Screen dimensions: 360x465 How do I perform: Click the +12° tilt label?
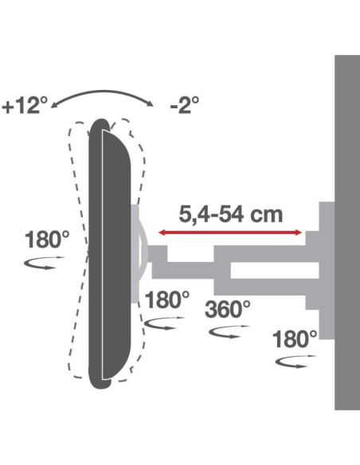[25, 106]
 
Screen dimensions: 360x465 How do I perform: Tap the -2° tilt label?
[184, 104]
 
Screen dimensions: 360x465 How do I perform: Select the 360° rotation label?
[228, 309]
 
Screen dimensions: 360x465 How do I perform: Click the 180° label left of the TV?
[47, 240]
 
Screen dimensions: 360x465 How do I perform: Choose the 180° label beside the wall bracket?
[295, 339]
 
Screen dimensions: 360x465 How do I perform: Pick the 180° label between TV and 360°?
[167, 300]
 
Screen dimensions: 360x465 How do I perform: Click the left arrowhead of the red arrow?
[162, 232]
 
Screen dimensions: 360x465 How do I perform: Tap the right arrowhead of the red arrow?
[299, 232]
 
